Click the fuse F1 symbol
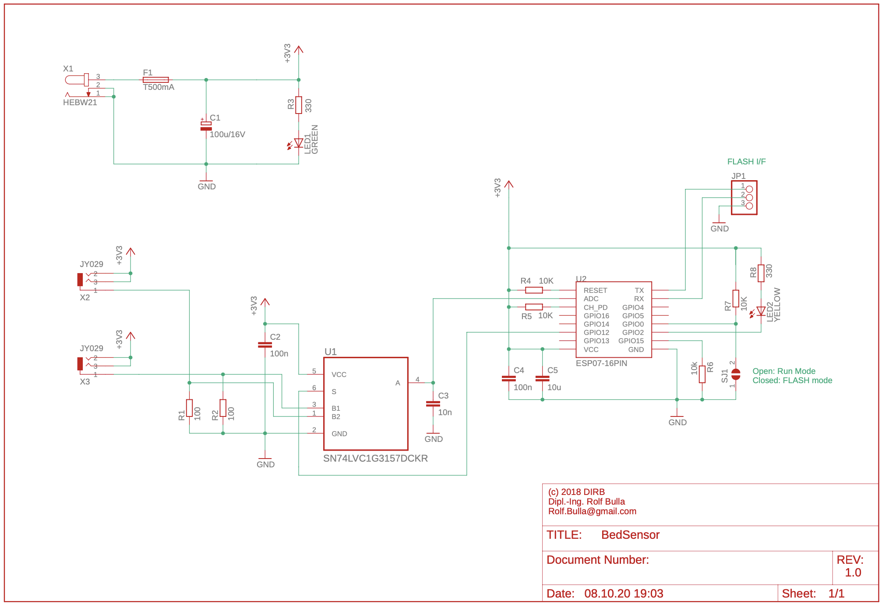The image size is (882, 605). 155,80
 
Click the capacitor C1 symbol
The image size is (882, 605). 206,126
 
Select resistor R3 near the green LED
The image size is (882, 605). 299,105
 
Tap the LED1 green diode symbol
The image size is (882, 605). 298,143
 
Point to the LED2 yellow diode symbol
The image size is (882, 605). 760,311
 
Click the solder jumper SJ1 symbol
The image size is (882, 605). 736,374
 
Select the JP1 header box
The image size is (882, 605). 744,198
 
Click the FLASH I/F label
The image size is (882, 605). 746,162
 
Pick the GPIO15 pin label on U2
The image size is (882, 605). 631,341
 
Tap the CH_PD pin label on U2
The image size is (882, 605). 595,308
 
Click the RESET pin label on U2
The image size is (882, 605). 595,291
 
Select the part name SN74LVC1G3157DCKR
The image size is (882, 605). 375,459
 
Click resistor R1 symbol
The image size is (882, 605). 189,408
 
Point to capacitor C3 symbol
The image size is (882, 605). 433,404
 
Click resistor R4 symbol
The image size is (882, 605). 534,290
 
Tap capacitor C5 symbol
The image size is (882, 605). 542,378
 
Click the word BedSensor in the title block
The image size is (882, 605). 630,535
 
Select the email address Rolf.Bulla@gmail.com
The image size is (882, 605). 592,511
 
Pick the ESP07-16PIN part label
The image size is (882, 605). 601,363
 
